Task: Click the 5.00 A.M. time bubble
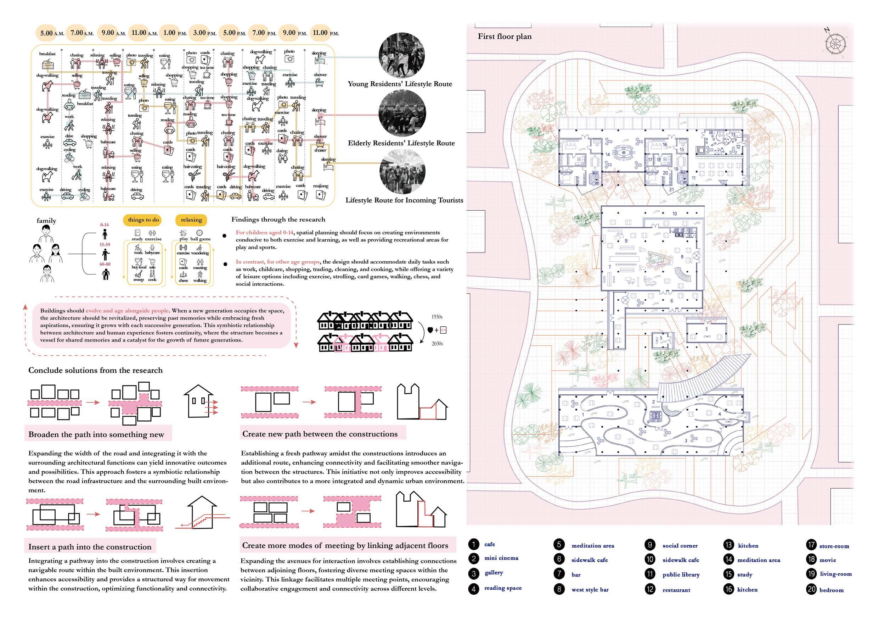[52, 33]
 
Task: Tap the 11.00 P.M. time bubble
[325, 33]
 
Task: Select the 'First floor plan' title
[504, 37]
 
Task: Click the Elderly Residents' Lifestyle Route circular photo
[402, 115]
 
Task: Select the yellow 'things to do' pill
[143, 220]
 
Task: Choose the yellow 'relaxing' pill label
[191, 220]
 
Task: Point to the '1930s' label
[437, 317]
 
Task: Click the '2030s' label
[437, 344]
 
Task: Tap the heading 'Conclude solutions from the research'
[95, 371]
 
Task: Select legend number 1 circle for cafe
[474, 544]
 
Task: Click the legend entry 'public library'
[681, 574]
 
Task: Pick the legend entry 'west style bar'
[590, 590]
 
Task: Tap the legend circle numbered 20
[811, 589]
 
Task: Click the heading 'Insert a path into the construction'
[90, 547]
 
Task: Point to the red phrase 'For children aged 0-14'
[265, 232]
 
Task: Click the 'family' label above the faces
[46, 221]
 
